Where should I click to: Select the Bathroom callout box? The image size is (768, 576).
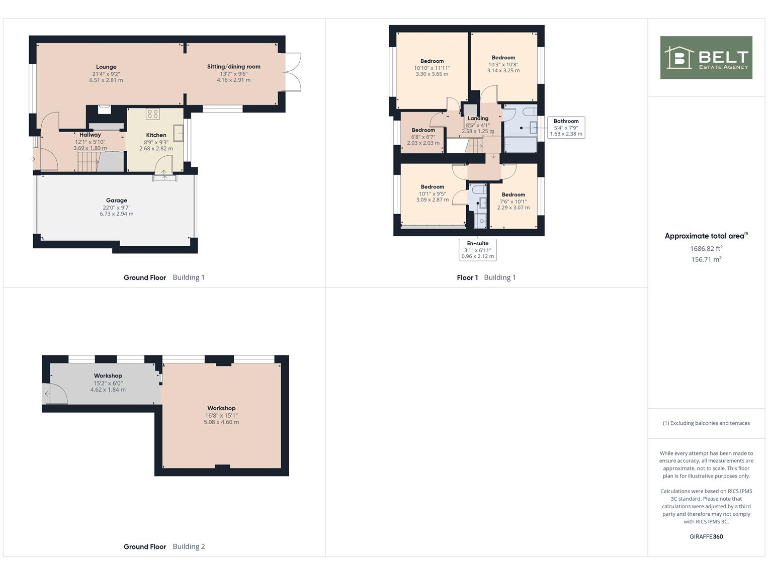[566, 127]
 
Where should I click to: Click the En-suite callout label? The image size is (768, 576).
[477, 249]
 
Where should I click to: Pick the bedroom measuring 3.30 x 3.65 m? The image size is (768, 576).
[432, 68]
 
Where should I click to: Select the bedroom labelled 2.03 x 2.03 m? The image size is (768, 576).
[423, 136]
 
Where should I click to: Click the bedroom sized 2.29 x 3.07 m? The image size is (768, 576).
[513, 200]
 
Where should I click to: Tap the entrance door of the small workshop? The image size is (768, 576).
[51, 397]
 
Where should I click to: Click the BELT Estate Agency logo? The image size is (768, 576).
[706, 58]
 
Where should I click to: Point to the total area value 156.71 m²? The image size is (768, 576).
[707, 258]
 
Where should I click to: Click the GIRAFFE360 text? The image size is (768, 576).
[706, 537]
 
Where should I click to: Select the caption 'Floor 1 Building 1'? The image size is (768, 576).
[486, 277]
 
